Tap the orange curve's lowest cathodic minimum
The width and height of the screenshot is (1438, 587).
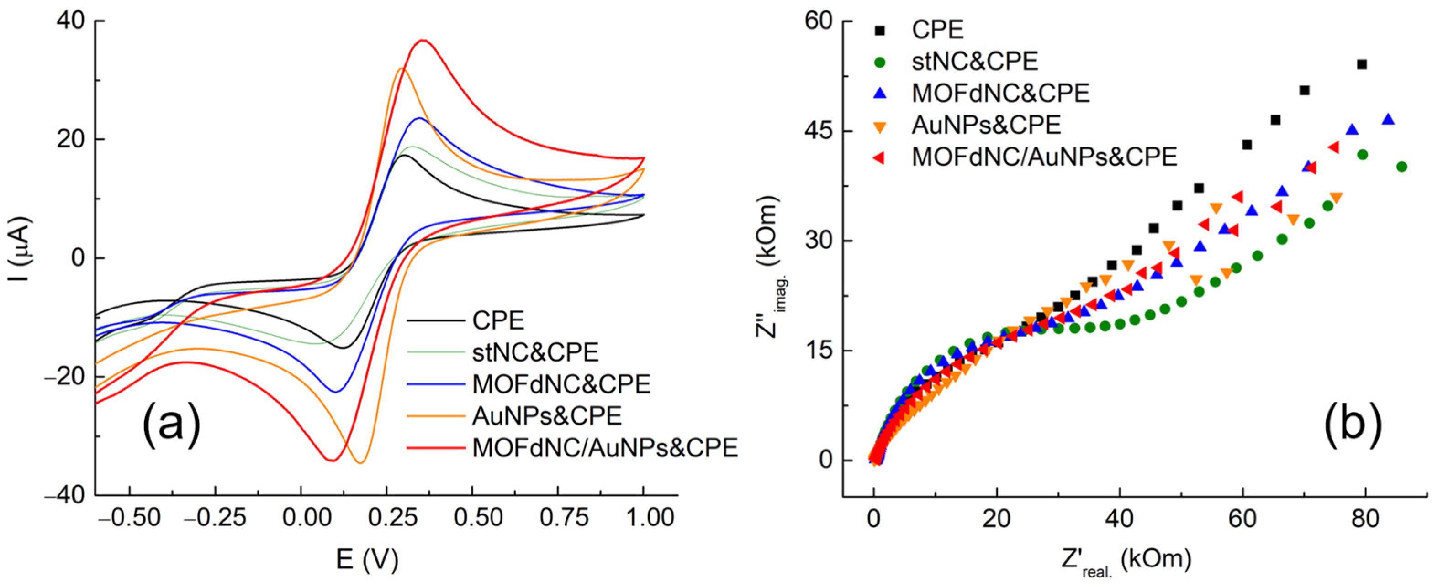click(x=360, y=462)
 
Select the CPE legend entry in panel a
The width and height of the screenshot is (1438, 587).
click(x=498, y=320)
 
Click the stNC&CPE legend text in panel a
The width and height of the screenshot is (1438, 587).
click(x=535, y=352)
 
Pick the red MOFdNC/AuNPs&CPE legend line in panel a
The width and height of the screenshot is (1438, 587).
click(x=435, y=447)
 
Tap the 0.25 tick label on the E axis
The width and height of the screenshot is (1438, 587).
click(x=386, y=518)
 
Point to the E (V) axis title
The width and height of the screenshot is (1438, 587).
click(x=368, y=560)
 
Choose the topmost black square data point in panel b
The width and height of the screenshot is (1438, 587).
click(x=1362, y=65)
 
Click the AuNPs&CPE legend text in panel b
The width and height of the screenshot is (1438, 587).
click(x=986, y=125)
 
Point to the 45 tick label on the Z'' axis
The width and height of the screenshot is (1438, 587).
click(x=819, y=131)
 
